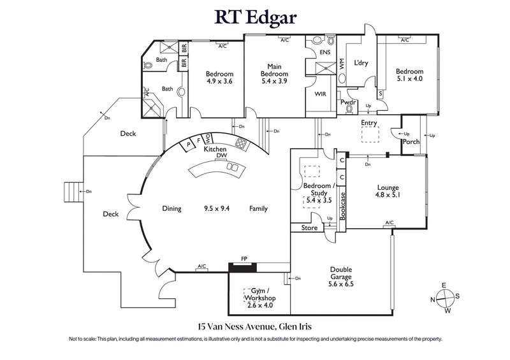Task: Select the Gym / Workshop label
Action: tap(259, 298)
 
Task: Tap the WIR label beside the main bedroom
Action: tap(320, 94)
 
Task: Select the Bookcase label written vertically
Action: tap(342, 206)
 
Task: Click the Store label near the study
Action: tap(309, 227)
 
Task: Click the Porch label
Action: tap(411, 141)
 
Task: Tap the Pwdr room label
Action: tap(348, 102)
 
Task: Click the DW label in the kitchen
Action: tap(222, 155)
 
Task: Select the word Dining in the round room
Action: tap(171, 208)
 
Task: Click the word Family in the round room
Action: tap(258, 208)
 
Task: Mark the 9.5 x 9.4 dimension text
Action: tap(216, 208)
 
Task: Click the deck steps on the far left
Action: tap(71, 191)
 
